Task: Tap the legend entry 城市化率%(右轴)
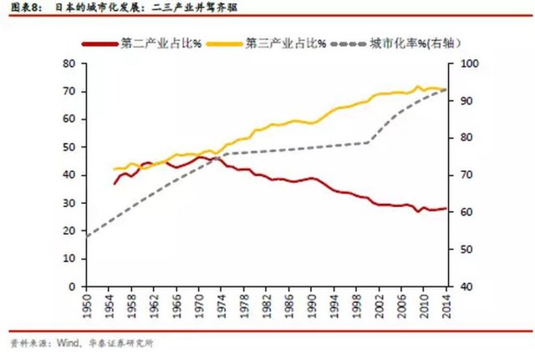click(x=416, y=42)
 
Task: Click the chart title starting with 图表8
click(x=117, y=8)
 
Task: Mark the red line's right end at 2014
click(x=445, y=208)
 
